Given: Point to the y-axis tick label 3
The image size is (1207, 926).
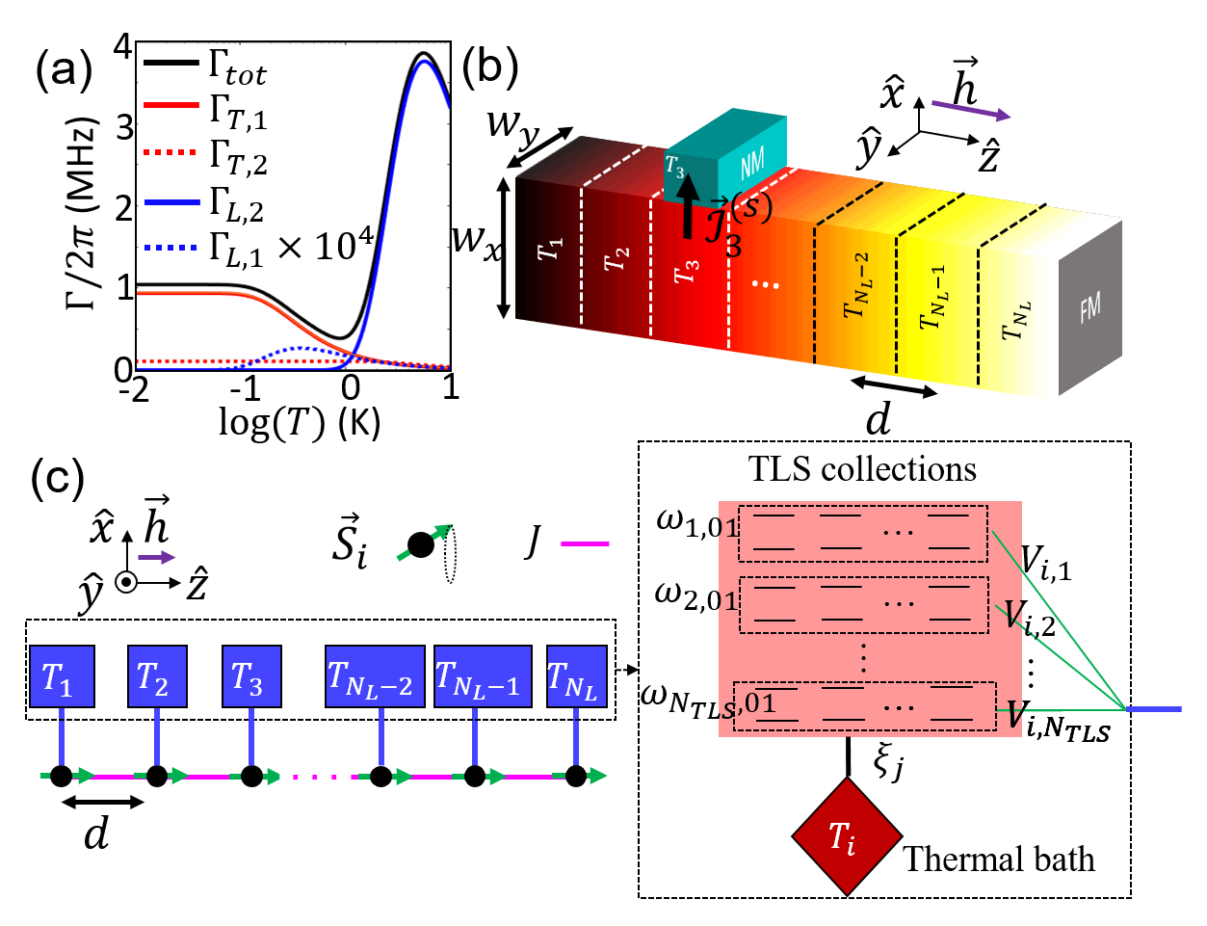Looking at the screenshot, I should (124, 127).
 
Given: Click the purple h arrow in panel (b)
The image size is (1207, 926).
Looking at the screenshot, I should (971, 110).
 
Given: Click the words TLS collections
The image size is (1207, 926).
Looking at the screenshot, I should (862, 469).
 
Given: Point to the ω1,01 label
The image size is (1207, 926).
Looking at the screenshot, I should (696, 525).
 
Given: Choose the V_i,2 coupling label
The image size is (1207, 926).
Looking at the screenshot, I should (1030, 616).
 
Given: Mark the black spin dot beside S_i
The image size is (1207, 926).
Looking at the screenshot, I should (420, 545).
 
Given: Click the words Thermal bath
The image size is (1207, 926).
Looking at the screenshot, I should (999, 859).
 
